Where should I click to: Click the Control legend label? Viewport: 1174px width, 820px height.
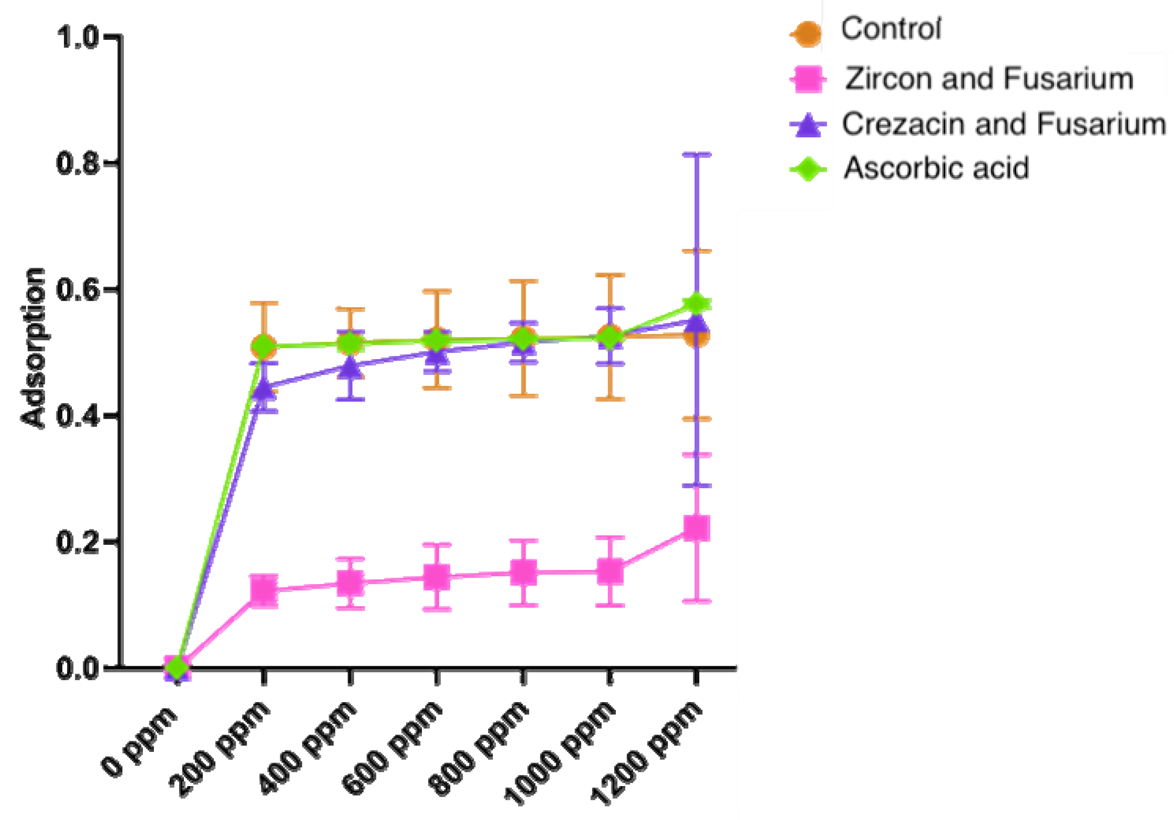[890, 29]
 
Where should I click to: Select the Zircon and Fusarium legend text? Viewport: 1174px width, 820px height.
[989, 79]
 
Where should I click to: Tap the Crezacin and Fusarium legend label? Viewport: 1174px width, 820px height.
[1003, 124]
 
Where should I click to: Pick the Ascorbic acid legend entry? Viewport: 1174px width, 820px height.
[936, 168]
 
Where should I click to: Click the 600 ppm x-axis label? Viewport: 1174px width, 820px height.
[391, 749]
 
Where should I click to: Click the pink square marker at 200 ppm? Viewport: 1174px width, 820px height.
[264, 591]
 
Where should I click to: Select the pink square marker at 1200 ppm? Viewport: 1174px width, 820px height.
[697, 528]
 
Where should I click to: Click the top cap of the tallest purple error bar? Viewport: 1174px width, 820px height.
[697, 154]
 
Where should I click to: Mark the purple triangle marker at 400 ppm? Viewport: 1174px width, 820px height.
[350, 367]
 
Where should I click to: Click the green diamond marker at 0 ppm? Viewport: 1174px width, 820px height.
[177, 667]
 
